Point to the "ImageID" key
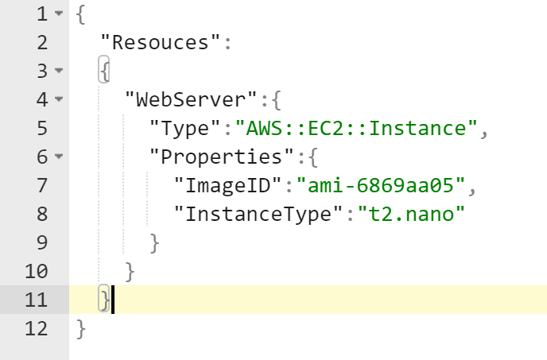231,185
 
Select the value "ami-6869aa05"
379,185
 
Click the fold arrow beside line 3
59,72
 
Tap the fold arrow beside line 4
59,100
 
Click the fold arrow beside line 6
59,157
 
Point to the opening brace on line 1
81,14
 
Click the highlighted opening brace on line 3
104,71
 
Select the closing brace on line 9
153,242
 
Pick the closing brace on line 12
81,328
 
